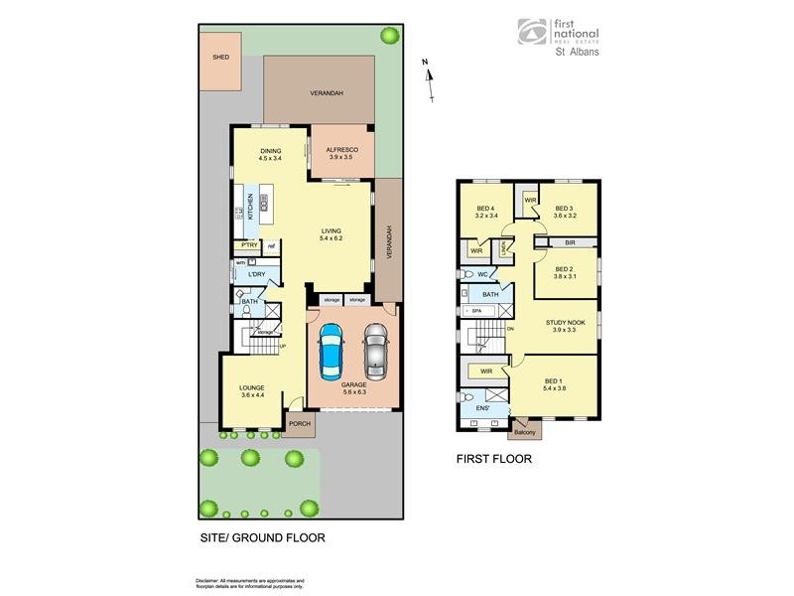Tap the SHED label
pyautogui.click(x=220, y=58)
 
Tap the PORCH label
pyautogui.click(x=299, y=424)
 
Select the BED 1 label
pyautogui.click(x=554, y=380)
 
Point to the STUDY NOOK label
pyautogui.click(x=563, y=322)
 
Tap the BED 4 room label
pyautogui.click(x=485, y=208)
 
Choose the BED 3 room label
pyautogui.click(x=565, y=208)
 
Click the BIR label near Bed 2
pyautogui.click(x=569, y=241)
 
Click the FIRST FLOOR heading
pyautogui.click(x=493, y=459)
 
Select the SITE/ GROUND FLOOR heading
pyautogui.click(x=262, y=538)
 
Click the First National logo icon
pyautogui.click(x=531, y=32)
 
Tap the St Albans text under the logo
pyautogui.click(x=576, y=53)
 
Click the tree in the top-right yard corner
pyautogui.click(x=388, y=36)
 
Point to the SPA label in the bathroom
pyautogui.click(x=476, y=312)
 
